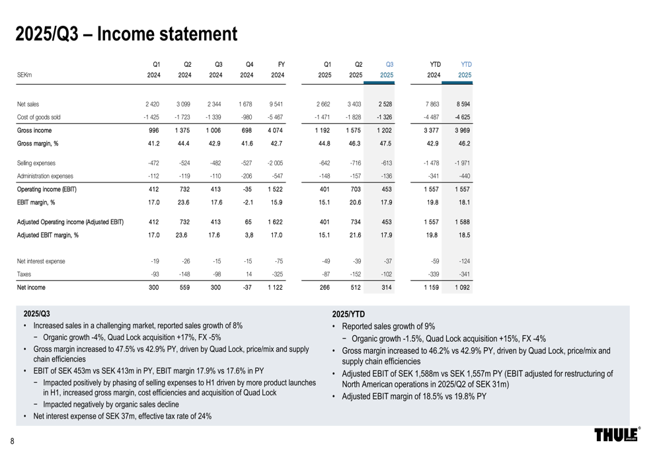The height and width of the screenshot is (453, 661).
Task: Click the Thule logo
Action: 617,434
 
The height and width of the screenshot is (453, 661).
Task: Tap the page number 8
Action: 12,441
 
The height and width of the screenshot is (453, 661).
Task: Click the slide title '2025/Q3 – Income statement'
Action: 126,34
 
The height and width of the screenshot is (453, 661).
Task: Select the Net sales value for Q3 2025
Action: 385,104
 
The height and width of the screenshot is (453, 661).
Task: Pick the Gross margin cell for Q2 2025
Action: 356,143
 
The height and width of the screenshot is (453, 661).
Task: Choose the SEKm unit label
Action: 25,75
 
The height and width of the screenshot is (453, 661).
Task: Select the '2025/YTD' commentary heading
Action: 348,313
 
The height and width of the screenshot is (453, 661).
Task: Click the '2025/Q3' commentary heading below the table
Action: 36,313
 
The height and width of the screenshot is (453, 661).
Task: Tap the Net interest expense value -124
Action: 463,261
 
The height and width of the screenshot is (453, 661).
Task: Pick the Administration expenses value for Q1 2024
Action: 153,176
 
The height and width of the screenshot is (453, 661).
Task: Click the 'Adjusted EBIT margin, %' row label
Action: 48,234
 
